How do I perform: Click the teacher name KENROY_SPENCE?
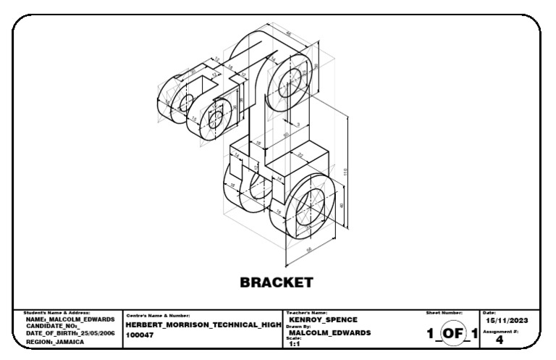(318, 319)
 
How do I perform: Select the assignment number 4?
(499, 340)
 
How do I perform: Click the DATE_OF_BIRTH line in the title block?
(69, 333)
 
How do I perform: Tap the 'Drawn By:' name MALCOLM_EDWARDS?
(329, 333)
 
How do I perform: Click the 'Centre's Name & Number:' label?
(158, 315)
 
